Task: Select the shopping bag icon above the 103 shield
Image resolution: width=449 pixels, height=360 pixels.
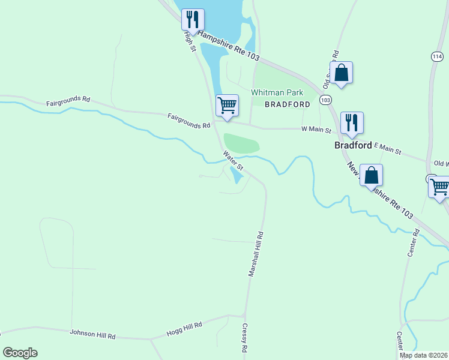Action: (x=341, y=73)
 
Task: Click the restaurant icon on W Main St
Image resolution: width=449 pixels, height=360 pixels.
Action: (x=352, y=122)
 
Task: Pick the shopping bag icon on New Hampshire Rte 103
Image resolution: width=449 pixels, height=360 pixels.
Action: (x=372, y=175)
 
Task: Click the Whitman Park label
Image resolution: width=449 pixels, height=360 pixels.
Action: (x=277, y=92)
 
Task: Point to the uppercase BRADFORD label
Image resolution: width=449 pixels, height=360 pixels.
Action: (x=288, y=104)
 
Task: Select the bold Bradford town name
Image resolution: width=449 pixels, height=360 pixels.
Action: (x=353, y=145)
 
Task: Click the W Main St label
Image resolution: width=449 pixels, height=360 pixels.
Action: (x=316, y=128)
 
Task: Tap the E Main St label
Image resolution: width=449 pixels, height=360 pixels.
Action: (x=387, y=148)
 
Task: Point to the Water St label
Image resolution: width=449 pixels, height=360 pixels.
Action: (x=234, y=160)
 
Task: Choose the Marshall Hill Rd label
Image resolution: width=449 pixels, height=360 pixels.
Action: (x=256, y=254)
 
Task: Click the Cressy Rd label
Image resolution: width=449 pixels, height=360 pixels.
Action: (x=244, y=338)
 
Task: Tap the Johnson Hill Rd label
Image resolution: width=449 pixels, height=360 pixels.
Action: (x=92, y=334)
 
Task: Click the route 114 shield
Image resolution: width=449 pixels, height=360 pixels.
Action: (x=437, y=56)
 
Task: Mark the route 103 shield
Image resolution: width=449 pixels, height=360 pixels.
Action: (x=325, y=100)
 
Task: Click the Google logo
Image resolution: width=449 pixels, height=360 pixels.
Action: (x=20, y=353)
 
